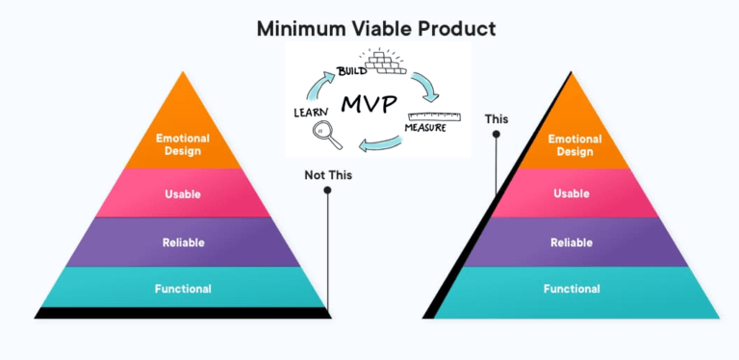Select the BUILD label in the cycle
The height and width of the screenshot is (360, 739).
(x=351, y=70)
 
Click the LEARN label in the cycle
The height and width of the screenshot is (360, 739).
(x=312, y=114)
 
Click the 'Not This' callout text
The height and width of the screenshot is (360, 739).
(x=327, y=175)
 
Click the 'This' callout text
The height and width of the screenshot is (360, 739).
(x=497, y=119)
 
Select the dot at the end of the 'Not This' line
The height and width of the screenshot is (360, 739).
(x=327, y=191)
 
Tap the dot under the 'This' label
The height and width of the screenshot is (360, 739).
(x=497, y=135)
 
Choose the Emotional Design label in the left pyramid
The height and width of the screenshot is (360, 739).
(x=183, y=143)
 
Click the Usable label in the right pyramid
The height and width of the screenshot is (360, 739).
(x=571, y=193)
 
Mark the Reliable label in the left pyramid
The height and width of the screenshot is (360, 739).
(x=183, y=243)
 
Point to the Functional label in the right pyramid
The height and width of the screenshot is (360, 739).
(x=571, y=289)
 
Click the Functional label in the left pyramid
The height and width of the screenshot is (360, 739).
(x=183, y=289)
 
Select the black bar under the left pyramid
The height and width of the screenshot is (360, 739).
(x=183, y=313)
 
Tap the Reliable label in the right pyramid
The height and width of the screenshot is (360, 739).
(x=571, y=243)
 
